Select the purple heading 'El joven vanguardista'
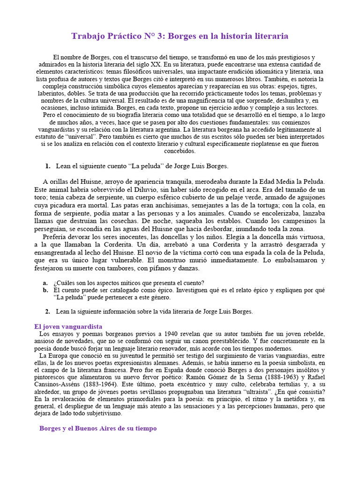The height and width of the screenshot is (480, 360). pos(68,326)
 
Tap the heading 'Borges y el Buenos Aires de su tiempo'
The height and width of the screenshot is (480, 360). pos(97,428)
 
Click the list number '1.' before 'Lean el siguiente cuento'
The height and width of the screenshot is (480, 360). pos(48,166)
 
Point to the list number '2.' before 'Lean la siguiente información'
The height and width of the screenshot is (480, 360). pos(48,311)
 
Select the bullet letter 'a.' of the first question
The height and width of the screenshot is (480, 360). pos(45,283)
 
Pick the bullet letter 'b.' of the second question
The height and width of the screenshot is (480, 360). pos(45,290)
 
